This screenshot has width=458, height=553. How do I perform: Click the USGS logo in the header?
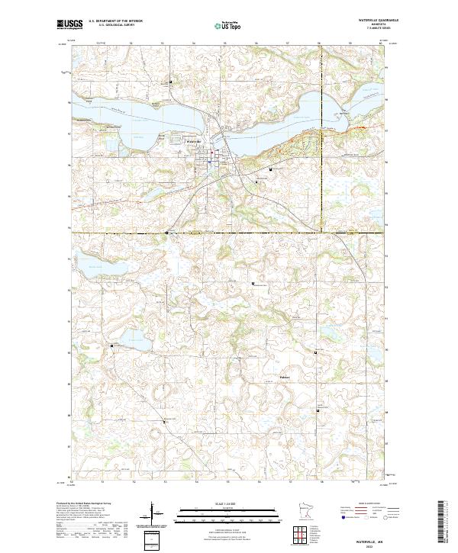pyautogui.click(x=69, y=24)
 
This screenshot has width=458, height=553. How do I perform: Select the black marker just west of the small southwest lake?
pyautogui.click(x=113, y=346)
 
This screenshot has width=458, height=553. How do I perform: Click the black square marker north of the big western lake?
pyautogui.click(x=171, y=82)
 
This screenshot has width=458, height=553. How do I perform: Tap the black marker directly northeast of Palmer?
pyautogui.click(x=316, y=352)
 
